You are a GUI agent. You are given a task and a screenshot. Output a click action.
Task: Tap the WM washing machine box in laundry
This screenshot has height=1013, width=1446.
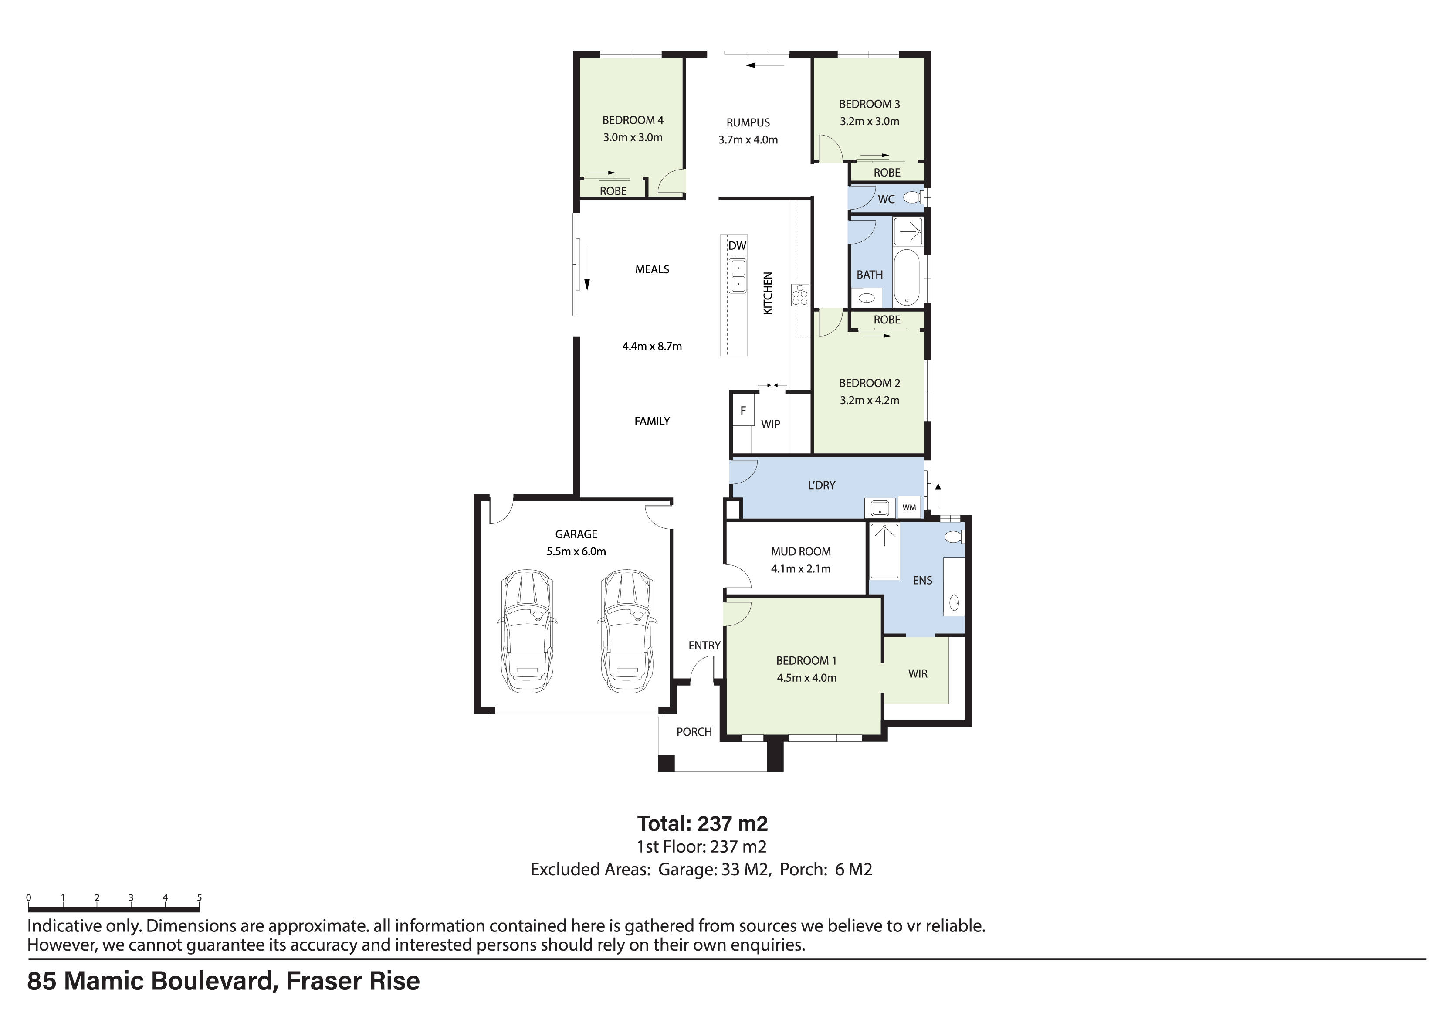909,507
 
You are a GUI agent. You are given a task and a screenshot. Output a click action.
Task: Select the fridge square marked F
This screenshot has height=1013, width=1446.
743,411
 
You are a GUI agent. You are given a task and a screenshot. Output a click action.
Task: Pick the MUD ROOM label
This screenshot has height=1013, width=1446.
800,551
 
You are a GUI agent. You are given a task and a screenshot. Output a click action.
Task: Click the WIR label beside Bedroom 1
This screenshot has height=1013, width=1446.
918,673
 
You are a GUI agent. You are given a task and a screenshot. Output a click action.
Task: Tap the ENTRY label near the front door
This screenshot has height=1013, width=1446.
704,645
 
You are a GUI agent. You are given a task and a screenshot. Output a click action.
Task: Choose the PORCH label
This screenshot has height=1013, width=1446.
694,731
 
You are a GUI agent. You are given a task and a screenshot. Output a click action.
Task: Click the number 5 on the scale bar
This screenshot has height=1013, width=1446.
199,898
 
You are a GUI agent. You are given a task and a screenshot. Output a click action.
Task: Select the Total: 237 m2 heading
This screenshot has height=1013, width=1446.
702,823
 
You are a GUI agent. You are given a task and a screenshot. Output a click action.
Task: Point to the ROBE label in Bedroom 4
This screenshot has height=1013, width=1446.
613,191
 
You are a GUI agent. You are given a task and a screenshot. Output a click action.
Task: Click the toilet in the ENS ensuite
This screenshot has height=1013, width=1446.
953,537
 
